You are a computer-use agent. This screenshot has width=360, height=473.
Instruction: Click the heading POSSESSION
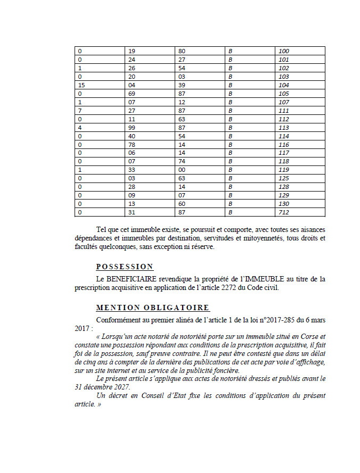point(125,267)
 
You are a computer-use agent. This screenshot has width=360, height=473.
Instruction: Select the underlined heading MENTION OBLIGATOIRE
point(153,308)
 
